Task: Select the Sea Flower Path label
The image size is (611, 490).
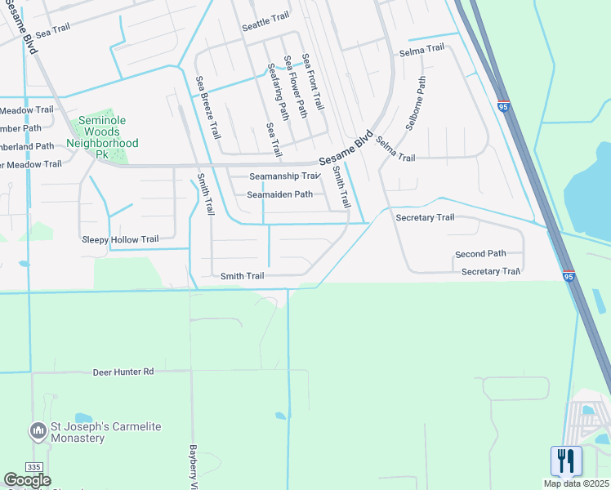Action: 295,87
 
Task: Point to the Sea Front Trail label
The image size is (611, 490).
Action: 313,82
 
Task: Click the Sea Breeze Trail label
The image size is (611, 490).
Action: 207,107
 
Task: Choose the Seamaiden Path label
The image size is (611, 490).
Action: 280,194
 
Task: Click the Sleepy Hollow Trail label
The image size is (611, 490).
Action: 120,239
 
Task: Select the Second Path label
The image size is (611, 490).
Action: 480,254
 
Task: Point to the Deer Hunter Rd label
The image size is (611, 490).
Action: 123,372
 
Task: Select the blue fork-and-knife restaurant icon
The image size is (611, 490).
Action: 566,461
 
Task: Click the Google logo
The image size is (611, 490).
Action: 27,480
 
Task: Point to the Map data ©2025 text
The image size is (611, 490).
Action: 576,483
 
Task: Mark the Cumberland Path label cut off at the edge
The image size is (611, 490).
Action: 27,146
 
